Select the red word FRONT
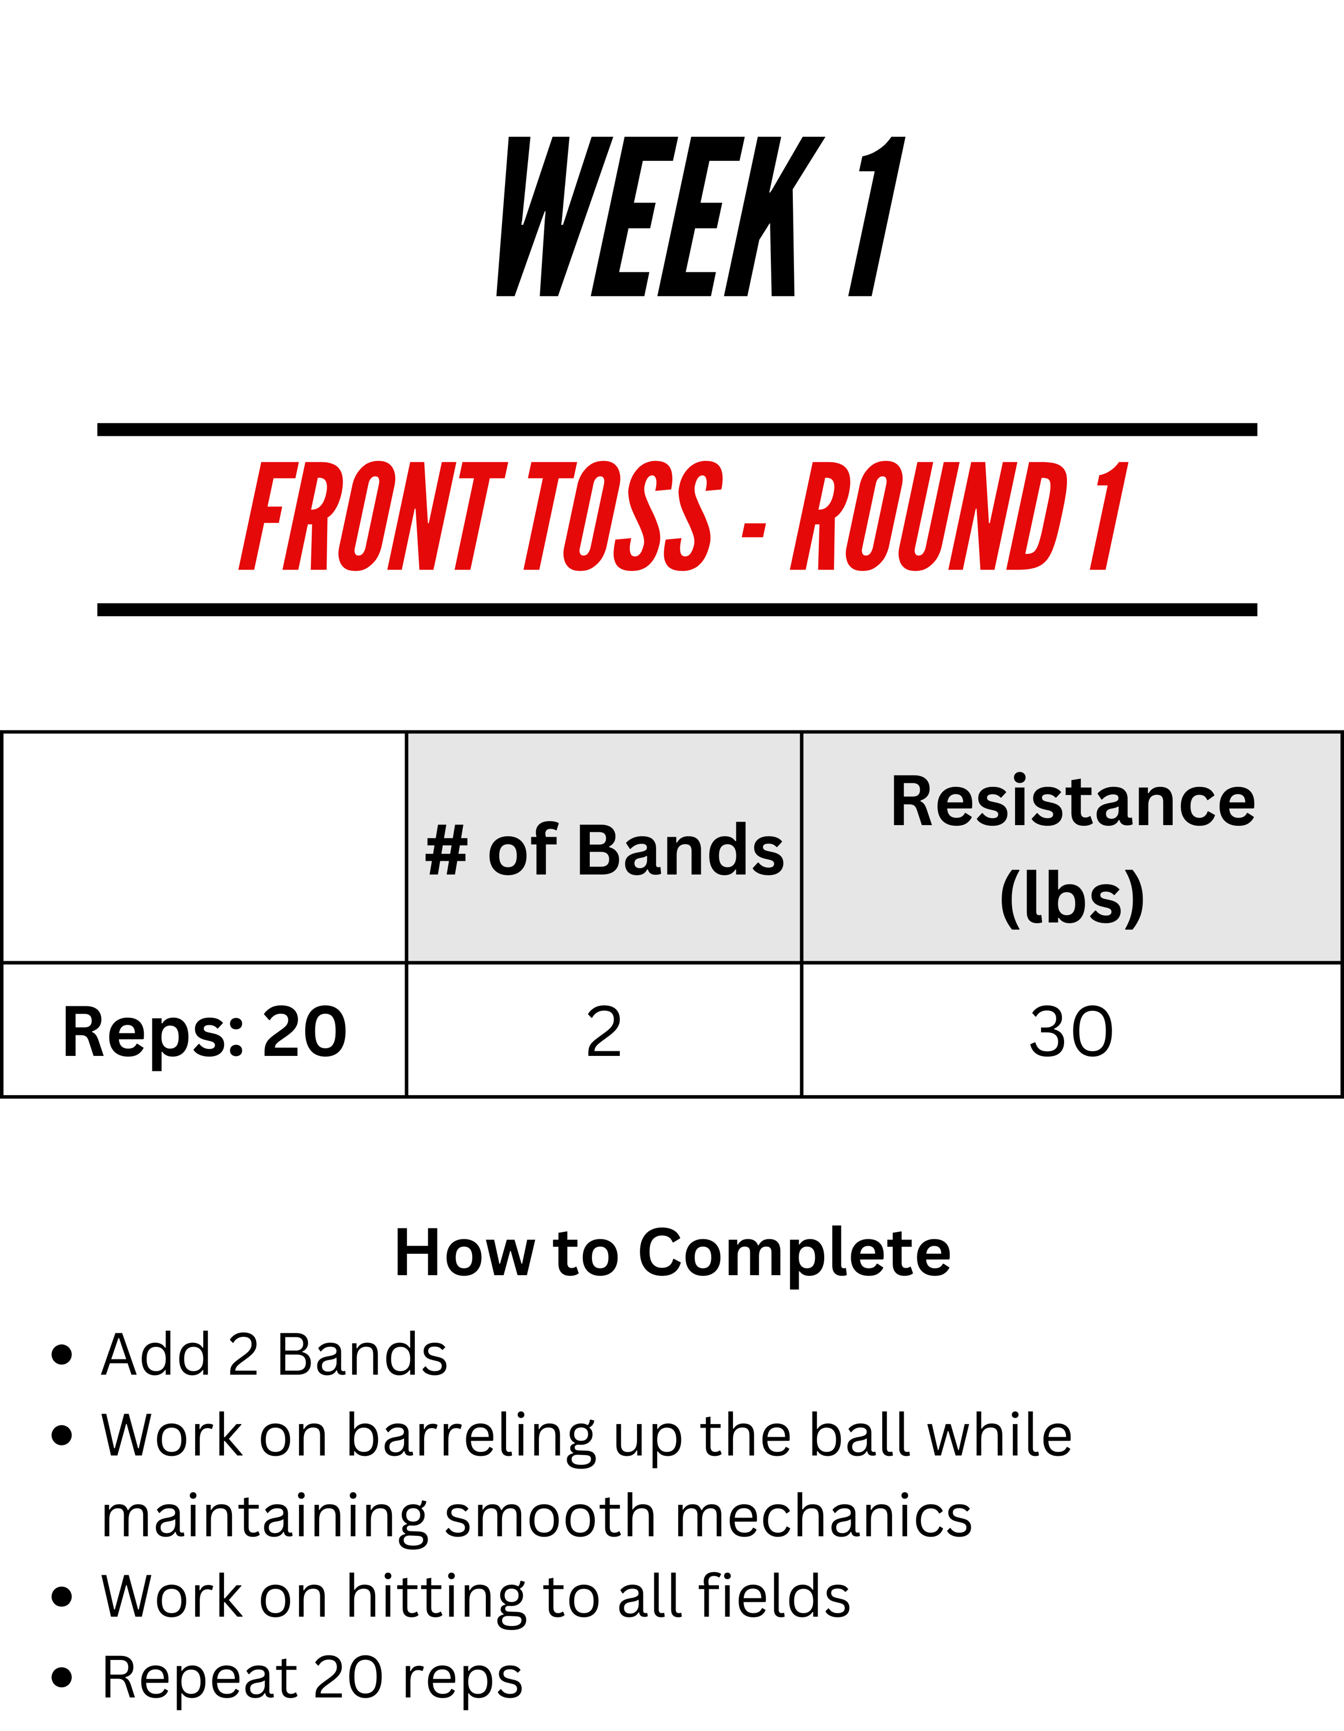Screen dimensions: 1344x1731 click(372, 516)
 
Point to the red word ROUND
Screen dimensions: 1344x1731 click(930, 516)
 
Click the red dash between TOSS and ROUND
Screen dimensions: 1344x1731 click(754, 531)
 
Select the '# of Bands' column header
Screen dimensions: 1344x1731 click(604, 850)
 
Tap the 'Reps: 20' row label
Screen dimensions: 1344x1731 click(204, 1032)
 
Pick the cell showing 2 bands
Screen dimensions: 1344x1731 click(604, 1031)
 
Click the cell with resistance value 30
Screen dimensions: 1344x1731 click(1072, 1031)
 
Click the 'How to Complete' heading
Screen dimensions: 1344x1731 click(673, 1254)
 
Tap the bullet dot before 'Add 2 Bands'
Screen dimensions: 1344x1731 click(62, 1355)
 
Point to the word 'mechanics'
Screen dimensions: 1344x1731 click(823, 1516)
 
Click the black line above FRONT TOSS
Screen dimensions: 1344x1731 click(677, 430)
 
